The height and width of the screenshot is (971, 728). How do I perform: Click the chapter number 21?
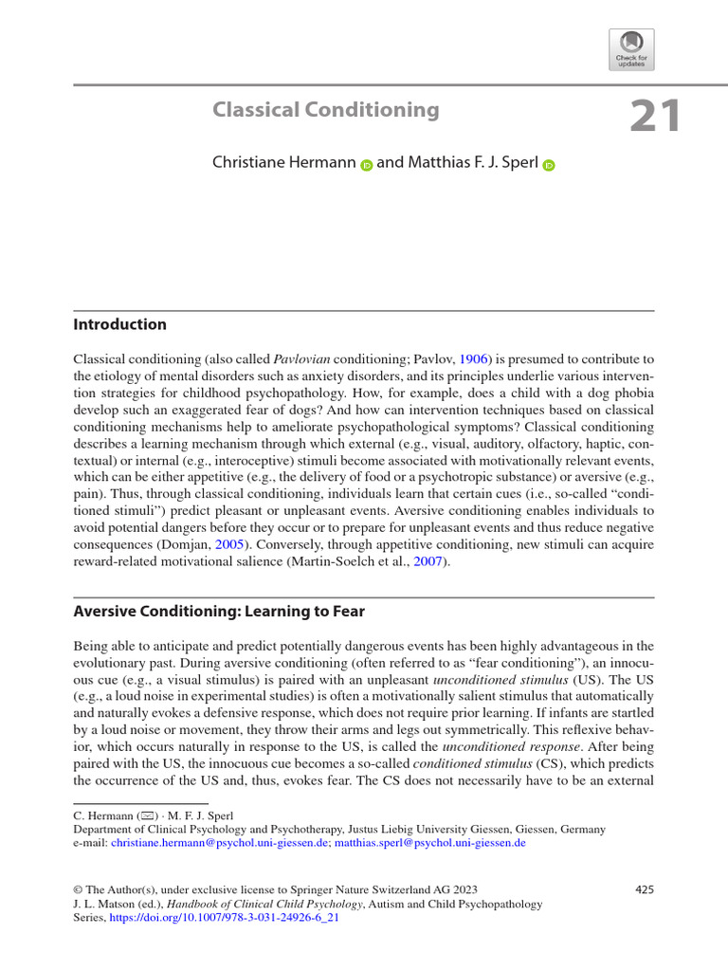655,117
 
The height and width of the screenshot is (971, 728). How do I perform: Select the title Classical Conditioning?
326,110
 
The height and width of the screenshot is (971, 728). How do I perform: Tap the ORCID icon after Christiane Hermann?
367,165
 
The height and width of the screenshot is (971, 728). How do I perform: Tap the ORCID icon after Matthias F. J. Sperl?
548,165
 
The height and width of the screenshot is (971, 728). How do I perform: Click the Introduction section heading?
119,324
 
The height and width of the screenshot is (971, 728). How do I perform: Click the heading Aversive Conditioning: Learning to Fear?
219,612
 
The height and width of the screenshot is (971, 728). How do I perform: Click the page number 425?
644,889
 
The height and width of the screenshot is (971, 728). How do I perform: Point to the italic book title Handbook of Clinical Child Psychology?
256,905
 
